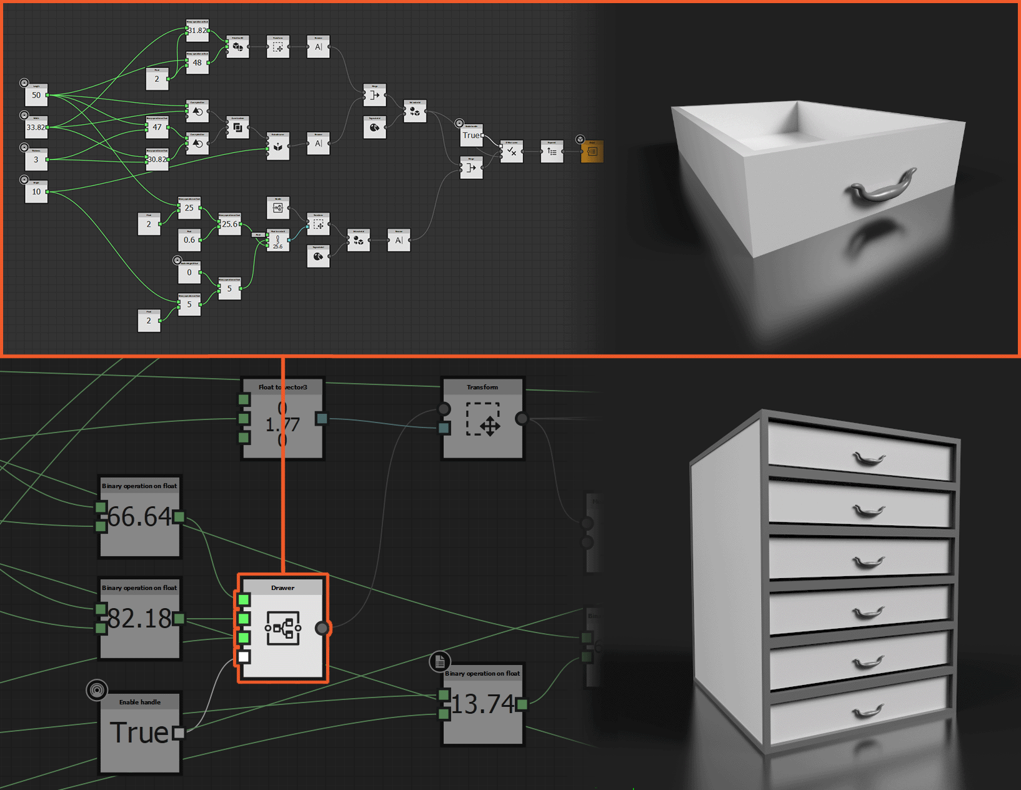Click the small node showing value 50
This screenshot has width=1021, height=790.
(36, 96)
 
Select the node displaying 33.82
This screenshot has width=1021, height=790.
(36, 127)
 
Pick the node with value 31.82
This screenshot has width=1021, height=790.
(197, 31)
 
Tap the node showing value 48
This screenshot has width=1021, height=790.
(197, 63)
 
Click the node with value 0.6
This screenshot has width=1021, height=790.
(189, 240)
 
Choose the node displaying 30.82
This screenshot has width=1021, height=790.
(157, 160)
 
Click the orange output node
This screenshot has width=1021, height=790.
(592, 151)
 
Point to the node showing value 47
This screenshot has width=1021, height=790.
(157, 127)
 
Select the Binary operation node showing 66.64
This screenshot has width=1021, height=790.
(140, 517)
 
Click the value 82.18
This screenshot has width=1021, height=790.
(140, 619)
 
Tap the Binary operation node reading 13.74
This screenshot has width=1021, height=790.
(482, 704)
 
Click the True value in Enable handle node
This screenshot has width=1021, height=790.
(139, 732)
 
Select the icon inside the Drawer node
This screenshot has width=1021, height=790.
(283, 627)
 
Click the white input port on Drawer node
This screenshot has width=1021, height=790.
(244, 656)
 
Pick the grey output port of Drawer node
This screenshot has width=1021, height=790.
(322, 628)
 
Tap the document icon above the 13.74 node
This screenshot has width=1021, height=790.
(440, 661)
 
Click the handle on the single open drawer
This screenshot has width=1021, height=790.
(881, 187)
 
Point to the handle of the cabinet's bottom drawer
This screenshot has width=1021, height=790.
(868, 711)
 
